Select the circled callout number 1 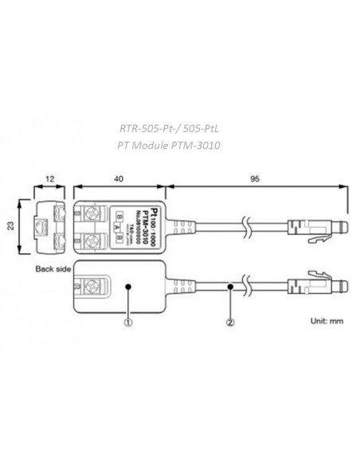pyautogui.click(x=126, y=323)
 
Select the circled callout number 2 pyautogui.click(x=231, y=323)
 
